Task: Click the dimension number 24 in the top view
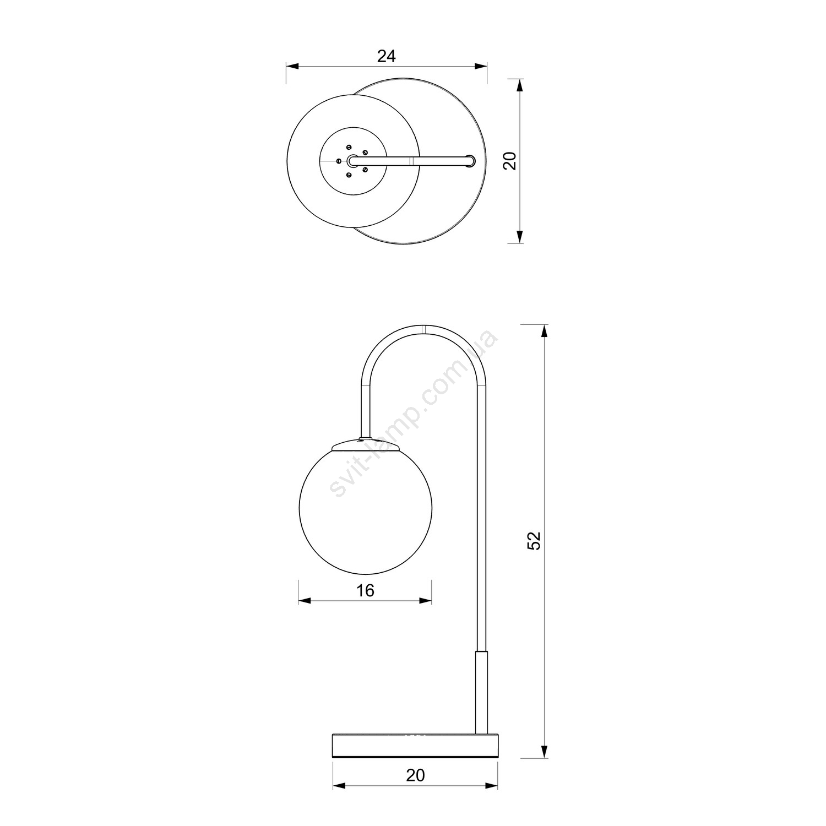click(387, 56)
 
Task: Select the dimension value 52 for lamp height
click(535, 541)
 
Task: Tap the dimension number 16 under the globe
click(365, 590)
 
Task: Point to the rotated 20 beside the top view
click(510, 161)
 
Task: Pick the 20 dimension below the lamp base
click(416, 775)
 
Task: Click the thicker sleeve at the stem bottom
click(481, 692)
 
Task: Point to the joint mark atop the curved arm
click(424, 329)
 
